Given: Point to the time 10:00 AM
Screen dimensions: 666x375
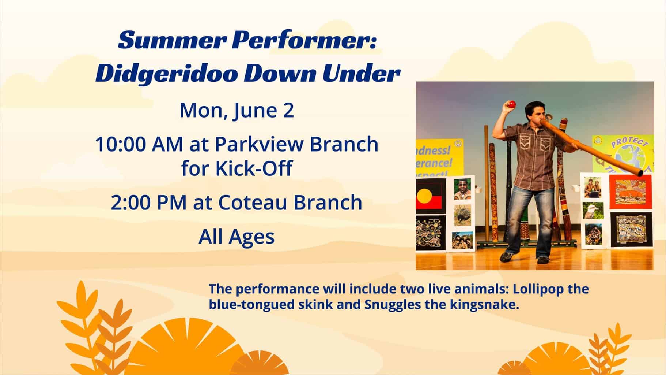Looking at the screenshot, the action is (x=139, y=144).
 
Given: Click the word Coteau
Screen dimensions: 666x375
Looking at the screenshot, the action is (x=254, y=203).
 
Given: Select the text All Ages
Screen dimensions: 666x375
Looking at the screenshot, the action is (x=236, y=237).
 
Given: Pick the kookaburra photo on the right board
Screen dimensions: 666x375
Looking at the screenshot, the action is (x=593, y=212).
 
